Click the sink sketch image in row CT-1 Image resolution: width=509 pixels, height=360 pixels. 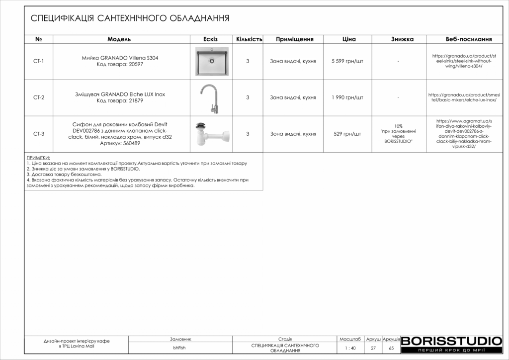pos(212,61)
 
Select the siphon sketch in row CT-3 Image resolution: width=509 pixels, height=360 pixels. pos(212,134)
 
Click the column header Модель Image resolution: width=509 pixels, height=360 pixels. pos(119,39)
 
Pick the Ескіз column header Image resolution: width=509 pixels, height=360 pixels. pos(211,39)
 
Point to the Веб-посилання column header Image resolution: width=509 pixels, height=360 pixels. pos(469,39)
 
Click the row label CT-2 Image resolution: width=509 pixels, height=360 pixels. pos(39,97)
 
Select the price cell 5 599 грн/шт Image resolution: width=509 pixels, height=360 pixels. pos(347,61)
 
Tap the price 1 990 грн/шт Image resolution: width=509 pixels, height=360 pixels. pos(347,97)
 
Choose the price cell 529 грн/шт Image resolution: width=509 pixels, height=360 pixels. pos(347,134)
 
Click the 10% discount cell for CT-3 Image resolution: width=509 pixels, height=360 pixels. pos(398,134)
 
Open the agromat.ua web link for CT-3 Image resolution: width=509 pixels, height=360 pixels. pos(463,134)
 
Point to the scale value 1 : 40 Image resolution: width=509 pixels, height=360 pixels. pos(350,348)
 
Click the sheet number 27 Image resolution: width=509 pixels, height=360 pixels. pos(373,348)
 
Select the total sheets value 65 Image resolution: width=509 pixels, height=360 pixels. pos(391,348)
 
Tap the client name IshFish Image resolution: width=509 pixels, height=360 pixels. pos(179,348)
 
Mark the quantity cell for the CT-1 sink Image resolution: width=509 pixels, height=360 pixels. pos(248,61)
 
